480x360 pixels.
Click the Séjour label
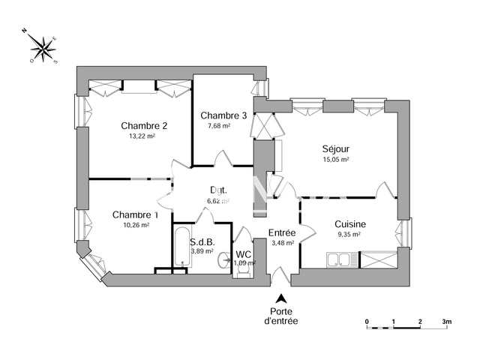coord(337,148)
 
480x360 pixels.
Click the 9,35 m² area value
coord(349,234)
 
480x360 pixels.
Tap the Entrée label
coord(283,233)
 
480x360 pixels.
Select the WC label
coord(244,254)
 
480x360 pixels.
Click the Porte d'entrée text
coord(280,316)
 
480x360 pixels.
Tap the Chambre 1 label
coord(131,215)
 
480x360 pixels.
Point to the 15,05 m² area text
coord(337,159)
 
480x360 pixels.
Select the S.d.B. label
coord(202,242)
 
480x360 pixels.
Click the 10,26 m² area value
coord(136,225)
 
